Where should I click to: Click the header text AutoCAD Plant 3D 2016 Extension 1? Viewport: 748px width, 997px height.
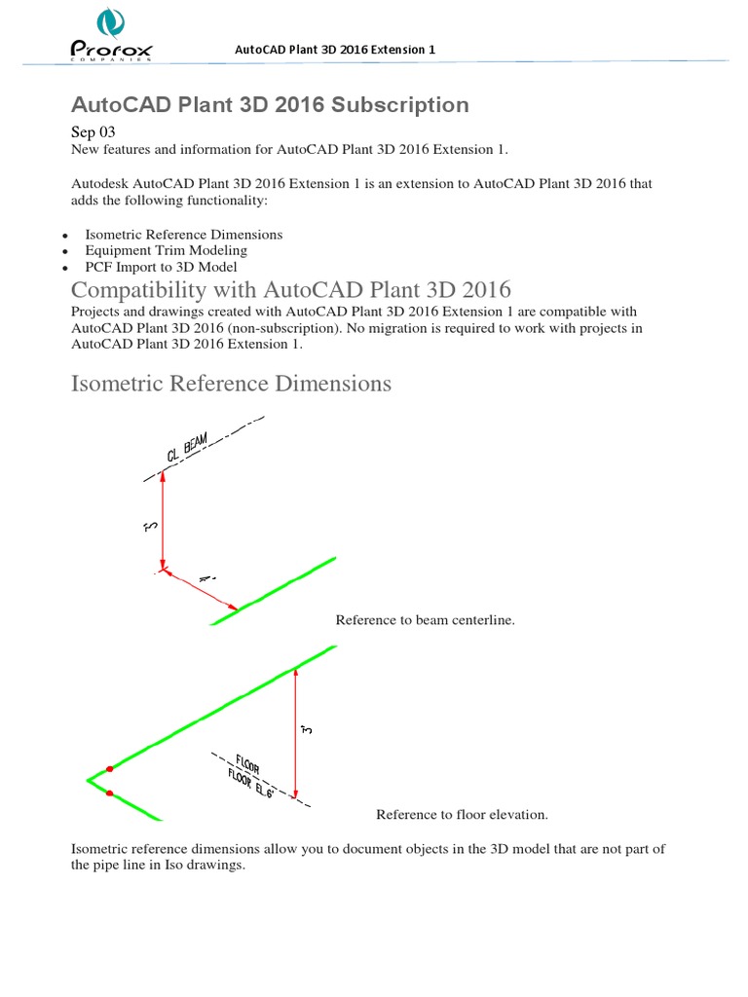(x=336, y=50)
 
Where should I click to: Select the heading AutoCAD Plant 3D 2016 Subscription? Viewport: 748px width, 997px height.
(x=270, y=104)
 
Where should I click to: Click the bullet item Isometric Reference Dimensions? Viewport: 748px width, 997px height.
(x=184, y=235)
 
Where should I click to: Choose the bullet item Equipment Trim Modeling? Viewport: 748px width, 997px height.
(x=166, y=250)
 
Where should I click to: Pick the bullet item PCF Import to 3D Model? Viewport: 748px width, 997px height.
(x=161, y=266)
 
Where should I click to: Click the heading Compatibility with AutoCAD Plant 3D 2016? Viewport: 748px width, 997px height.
(x=291, y=290)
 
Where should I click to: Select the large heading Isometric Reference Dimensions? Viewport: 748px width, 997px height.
(x=231, y=383)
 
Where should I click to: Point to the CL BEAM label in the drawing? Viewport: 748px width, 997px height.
(x=187, y=450)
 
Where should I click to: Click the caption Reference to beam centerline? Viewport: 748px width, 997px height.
(x=425, y=620)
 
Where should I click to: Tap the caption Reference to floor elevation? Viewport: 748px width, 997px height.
(x=463, y=814)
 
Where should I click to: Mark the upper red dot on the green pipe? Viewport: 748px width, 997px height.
(x=109, y=768)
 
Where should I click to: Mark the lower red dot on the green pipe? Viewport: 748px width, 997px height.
(x=109, y=794)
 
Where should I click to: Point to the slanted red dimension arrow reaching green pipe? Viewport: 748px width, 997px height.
(x=201, y=590)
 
